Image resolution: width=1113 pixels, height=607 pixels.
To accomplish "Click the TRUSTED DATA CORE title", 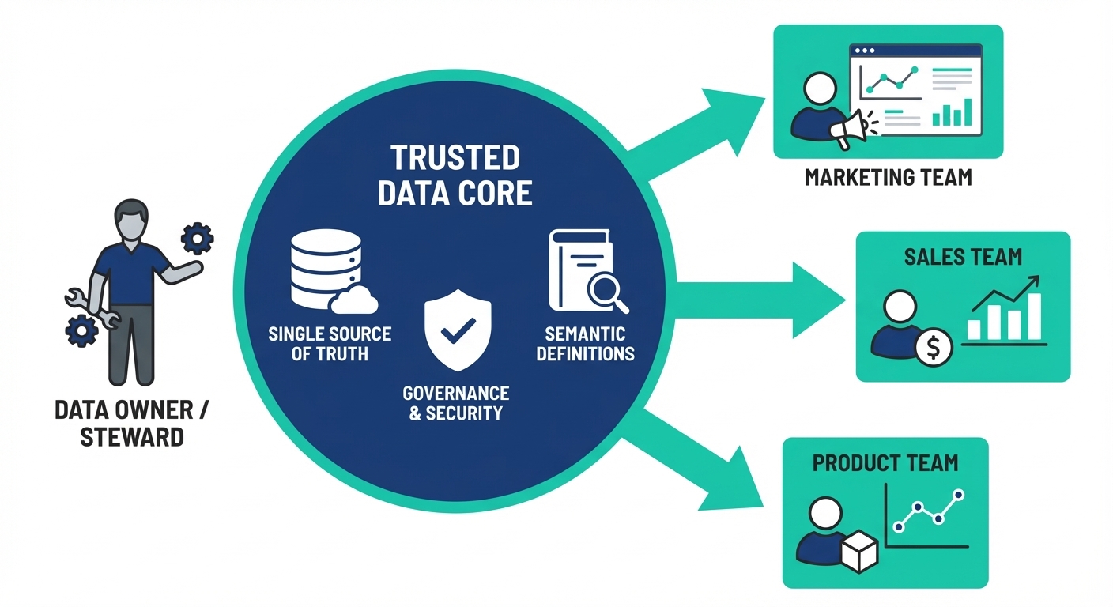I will [455, 175].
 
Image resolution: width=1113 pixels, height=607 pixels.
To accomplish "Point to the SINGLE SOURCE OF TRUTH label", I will [330, 343].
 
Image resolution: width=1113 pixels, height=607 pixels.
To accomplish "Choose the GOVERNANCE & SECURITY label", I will [455, 402].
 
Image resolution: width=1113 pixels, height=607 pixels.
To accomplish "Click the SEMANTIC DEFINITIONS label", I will [585, 343].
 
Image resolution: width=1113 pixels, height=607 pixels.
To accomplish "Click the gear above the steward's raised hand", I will [197, 238].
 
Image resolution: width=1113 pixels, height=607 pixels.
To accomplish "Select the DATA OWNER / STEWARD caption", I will [132, 423].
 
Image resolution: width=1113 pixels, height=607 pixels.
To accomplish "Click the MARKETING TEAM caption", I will [888, 177].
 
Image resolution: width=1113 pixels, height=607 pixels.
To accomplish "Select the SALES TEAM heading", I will [963, 256].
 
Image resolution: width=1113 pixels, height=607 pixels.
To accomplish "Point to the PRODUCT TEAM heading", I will [885, 462].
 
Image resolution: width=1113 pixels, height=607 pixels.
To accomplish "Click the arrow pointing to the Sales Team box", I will [759, 300].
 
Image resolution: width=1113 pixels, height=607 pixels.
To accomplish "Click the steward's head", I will [131, 218].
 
